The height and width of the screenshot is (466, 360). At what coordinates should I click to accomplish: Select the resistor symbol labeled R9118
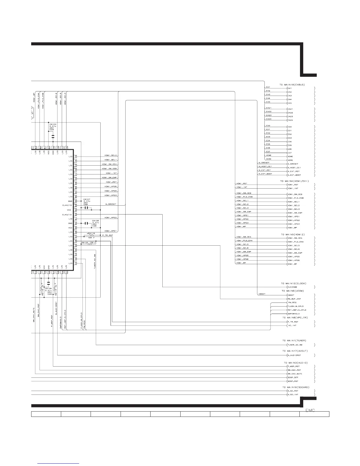point(91,235)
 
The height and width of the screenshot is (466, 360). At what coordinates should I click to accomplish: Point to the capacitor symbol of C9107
point(86,208)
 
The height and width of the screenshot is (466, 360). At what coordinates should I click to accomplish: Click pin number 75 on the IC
point(76,157)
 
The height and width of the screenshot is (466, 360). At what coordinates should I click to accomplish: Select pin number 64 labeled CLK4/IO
point(76,206)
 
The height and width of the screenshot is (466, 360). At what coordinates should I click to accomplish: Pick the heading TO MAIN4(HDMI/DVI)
point(294,181)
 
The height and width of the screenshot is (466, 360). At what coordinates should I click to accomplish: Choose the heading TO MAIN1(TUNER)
point(294,341)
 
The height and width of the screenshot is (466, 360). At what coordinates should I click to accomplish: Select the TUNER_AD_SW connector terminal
point(294,344)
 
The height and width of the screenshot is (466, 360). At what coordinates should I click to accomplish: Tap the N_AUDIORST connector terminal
point(294,355)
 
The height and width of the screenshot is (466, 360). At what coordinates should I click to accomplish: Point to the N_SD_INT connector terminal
point(292,395)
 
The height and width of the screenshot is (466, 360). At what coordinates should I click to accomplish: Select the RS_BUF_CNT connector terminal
point(294,299)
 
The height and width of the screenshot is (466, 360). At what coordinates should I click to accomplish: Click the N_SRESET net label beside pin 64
point(111,204)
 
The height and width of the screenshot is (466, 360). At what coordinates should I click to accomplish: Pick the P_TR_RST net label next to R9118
point(108,235)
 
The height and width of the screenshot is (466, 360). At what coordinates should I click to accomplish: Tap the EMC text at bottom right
point(310,410)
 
